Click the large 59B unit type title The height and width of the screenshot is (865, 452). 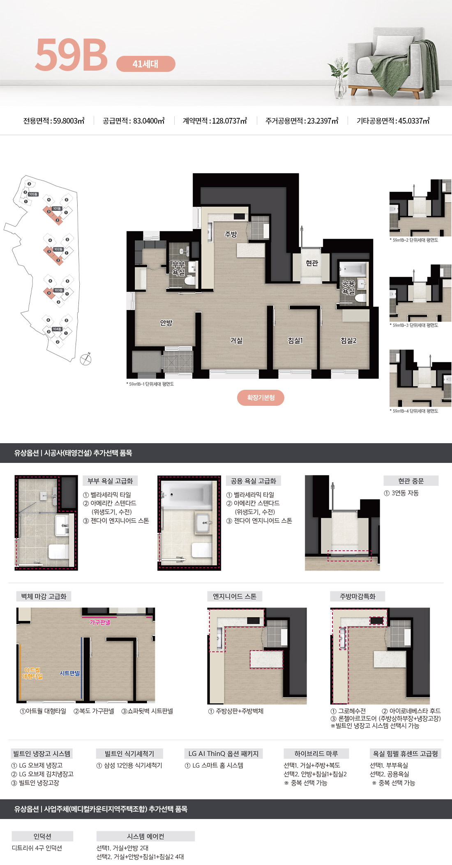[71, 55]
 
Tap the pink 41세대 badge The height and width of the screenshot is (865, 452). [146, 64]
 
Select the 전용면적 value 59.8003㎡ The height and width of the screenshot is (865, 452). [54, 121]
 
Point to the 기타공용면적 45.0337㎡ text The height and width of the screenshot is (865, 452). [393, 121]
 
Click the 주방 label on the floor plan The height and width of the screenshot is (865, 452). [231, 234]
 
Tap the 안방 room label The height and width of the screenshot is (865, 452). [166, 323]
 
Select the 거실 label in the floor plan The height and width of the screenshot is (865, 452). [236, 340]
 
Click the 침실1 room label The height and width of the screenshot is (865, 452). [295, 340]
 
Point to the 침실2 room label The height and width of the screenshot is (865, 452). [348, 340]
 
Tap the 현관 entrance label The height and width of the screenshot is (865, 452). [312, 263]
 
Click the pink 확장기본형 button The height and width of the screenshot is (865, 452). [261, 398]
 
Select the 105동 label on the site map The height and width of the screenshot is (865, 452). [33, 194]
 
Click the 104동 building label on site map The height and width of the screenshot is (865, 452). [57, 329]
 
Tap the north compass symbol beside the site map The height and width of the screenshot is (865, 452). [85, 359]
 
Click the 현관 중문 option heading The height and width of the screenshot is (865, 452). [410, 481]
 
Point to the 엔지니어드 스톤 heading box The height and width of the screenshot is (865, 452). [234, 596]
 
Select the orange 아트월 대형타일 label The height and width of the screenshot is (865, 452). [32, 673]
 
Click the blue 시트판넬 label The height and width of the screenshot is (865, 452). [69, 673]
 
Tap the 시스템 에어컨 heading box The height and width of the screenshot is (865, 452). [145, 836]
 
